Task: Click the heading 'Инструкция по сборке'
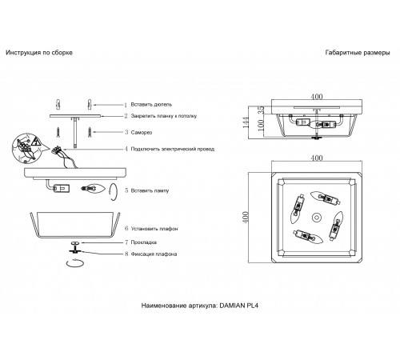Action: tap(39, 53)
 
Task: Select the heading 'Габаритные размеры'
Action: tap(358, 53)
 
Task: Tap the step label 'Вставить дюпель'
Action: tap(151, 104)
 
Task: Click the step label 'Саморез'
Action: tap(142, 132)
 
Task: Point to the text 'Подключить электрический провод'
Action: tap(173, 149)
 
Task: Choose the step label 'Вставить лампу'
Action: tap(150, 190)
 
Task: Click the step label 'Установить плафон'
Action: tap(154, 229)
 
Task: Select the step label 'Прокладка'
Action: tap(144, 242)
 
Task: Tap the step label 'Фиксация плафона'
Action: tap(154, 254)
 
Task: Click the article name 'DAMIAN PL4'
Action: tap(239, 306)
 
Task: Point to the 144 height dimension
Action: tap(246, 122)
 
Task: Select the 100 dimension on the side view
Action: tap(261, 125)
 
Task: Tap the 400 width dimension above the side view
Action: tap(317, 96)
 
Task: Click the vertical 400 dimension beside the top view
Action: tap(246, 218)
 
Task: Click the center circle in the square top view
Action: tap(317, 218)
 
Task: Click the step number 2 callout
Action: tap(126, 116)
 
